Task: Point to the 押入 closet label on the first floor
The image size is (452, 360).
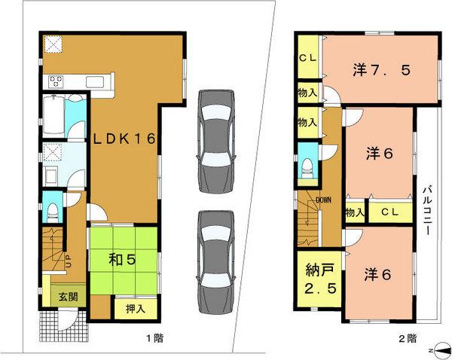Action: coord(130,308)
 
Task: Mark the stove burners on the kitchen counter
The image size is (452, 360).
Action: coord(57,80)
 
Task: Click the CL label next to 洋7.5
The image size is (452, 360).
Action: coord(307,56)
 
